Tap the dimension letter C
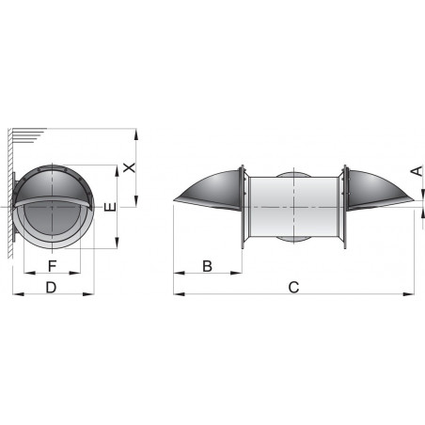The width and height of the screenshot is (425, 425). pos(293,288)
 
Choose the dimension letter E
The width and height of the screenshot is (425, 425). pos(109,207)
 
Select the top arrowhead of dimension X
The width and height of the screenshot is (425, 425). pos(137,134)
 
